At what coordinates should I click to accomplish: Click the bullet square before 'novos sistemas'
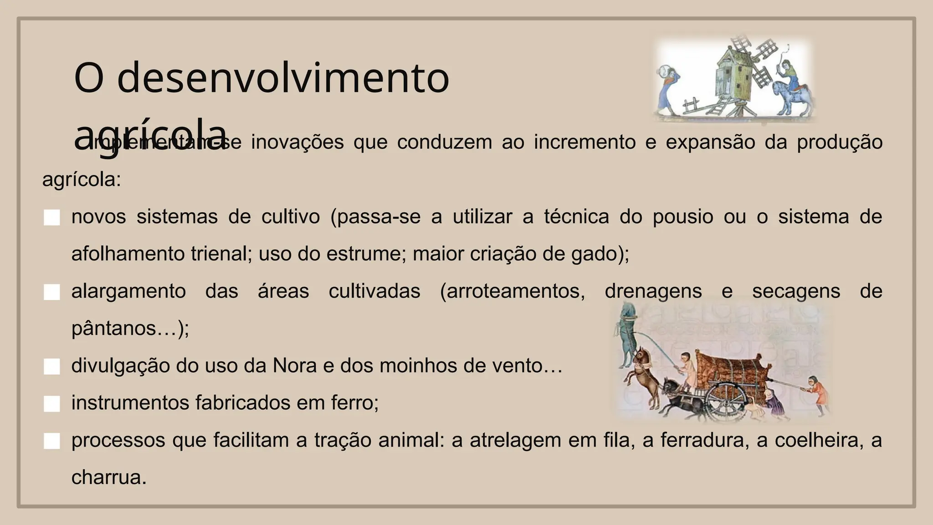52,217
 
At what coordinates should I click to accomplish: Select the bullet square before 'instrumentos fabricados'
52,404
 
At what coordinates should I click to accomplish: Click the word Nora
294,365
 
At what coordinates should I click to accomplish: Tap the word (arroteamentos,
513,291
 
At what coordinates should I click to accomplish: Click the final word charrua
109,478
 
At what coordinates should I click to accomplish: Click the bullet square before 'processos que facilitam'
52,441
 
